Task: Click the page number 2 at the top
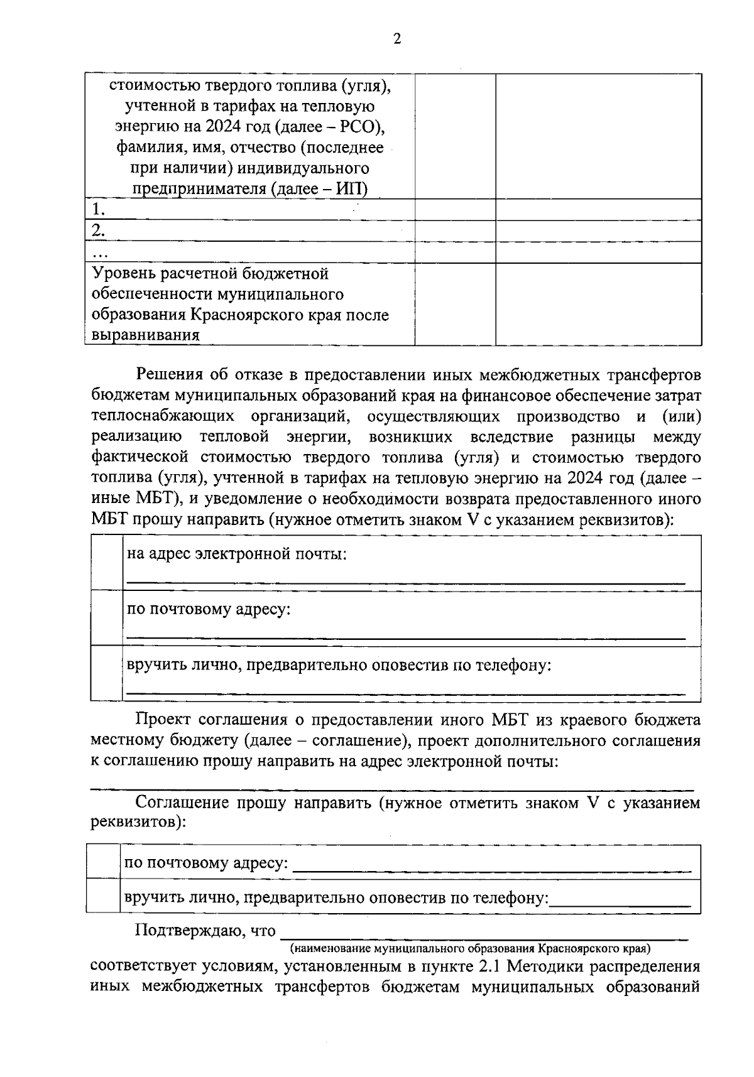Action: coord(396,40)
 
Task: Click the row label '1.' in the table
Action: coord(98,209)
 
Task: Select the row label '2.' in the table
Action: coord(98,230)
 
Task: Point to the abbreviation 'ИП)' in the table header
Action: coord(352,188)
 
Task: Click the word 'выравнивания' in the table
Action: coord(146,335)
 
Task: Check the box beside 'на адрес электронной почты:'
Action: coord(107,563)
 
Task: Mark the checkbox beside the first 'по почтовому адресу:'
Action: coord(107,618)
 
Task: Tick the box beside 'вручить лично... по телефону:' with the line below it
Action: coord(107,673)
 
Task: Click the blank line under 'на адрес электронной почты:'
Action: coord(405,583)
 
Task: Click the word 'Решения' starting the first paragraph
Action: coord(170,376)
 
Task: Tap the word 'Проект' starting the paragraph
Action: coord(164,720)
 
